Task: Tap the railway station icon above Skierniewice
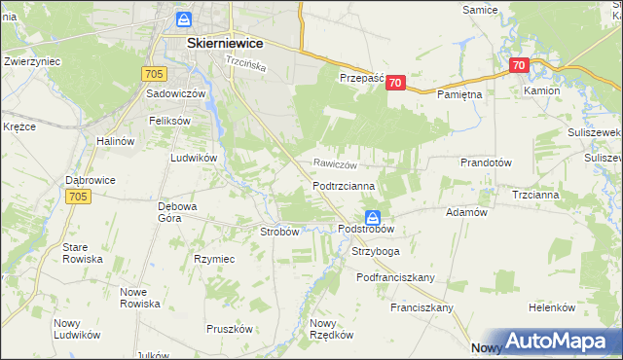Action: click(x=184, y=19)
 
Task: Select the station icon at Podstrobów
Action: click(x=373, y=216)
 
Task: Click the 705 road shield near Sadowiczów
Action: click(x=153, y=73)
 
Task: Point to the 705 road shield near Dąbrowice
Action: click(x=80, y=197)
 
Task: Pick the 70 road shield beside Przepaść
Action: click(x=394, y=84)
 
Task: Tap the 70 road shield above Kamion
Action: click(x=518, y=66)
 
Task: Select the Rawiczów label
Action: click(x=335, y=164)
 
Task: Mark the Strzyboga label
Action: click(x=376, y=251)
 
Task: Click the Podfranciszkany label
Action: click(x=395, y=277)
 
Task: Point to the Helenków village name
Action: click(x=552, y=307)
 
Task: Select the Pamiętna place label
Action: click(x=459, y=95)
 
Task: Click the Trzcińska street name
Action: click(x=245, y=62)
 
